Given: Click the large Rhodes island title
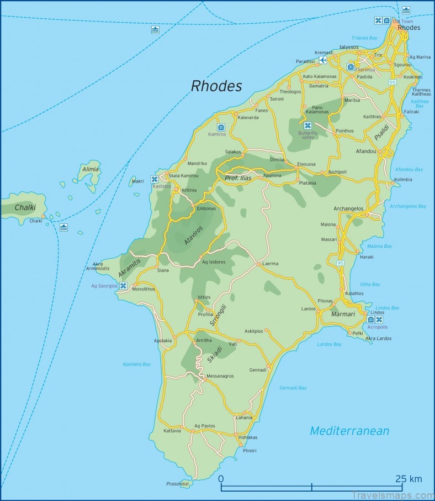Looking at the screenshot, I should click(216, 86).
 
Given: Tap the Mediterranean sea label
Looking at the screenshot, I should click(349, 431).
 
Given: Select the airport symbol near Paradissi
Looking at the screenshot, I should click(322, 60).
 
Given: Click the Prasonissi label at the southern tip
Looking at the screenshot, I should click(177, 483).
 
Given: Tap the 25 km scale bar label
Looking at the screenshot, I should click(408, 479).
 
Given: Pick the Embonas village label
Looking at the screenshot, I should click(206, 208).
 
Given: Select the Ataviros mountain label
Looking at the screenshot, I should click(193, 235).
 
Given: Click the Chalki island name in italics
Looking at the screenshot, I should click(25, 207).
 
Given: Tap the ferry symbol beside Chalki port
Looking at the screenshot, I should click(63, 227).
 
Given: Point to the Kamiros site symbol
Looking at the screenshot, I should click(221, 127).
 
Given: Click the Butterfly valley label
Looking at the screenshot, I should click(308, 135).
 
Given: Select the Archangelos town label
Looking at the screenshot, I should click(348, 208).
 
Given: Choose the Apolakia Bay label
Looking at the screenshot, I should click(136, 364).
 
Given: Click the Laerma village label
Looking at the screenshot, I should click(270, 264).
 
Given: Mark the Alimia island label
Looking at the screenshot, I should click(90, 169).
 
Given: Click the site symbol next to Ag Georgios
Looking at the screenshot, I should click(123, 286).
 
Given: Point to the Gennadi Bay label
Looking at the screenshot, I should click(293, 388).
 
